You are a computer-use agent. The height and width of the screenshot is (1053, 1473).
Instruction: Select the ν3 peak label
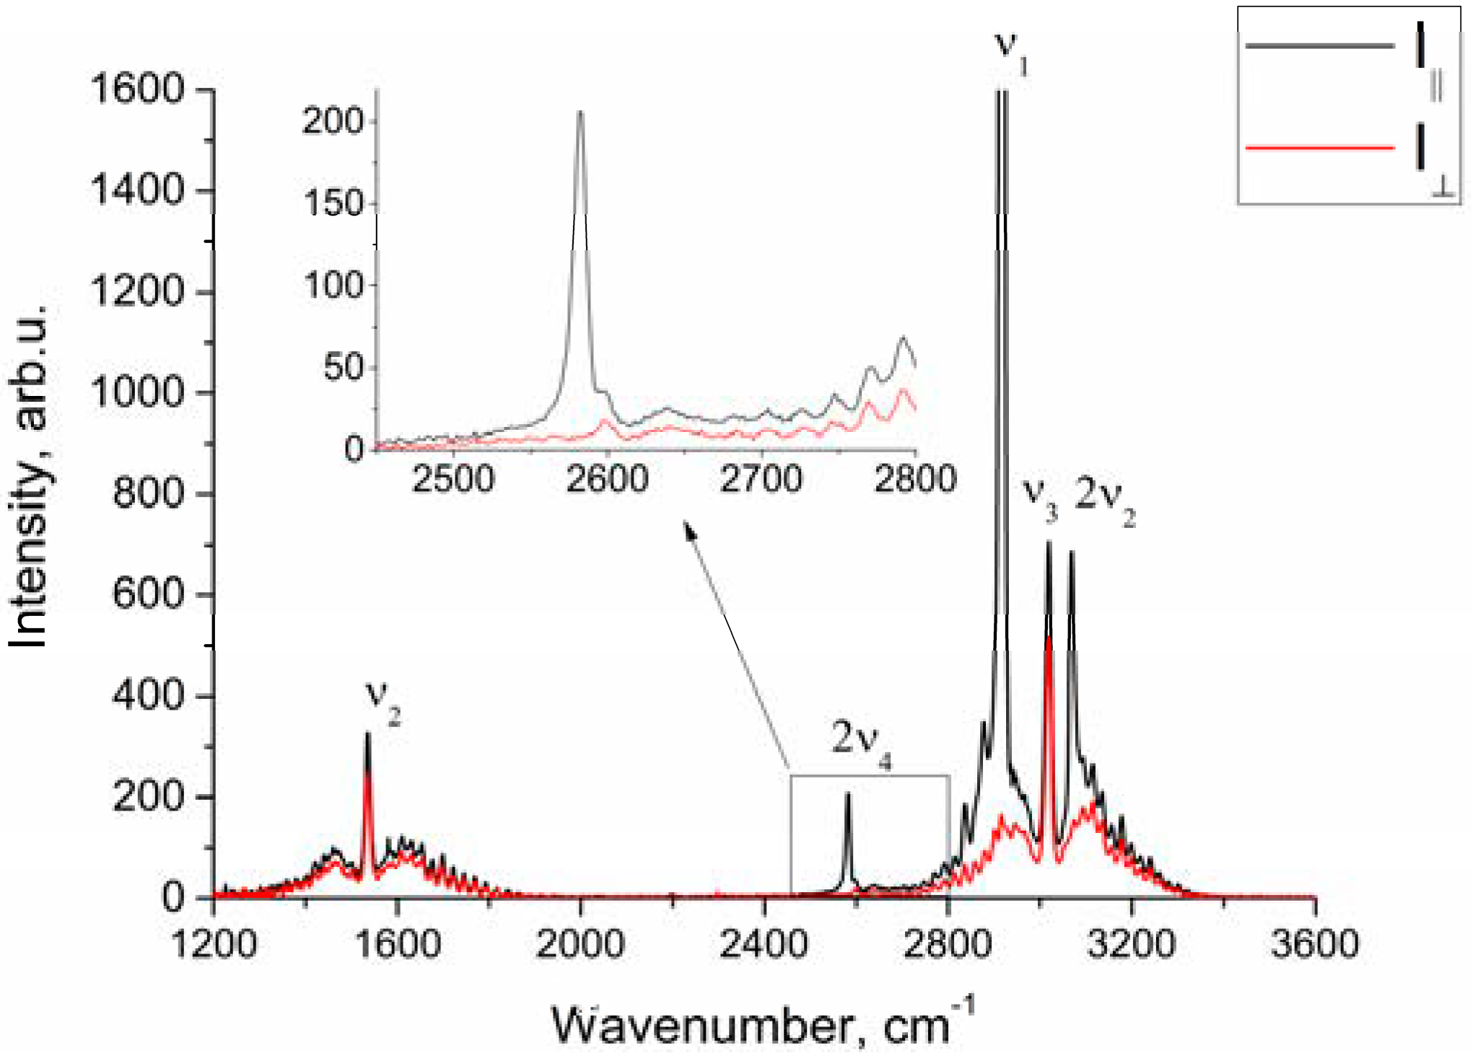tap(1040, 497)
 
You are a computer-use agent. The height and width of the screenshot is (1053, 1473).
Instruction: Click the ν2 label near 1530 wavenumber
tap(383, 697)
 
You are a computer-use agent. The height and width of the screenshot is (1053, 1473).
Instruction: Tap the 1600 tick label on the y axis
tap(138, 89)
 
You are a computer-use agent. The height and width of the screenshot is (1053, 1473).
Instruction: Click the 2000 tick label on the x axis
tap(580, 943)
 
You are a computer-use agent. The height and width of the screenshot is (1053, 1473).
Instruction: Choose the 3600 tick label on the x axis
tap(1315, 943)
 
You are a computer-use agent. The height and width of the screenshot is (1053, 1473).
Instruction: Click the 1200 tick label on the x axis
tap(214, 943)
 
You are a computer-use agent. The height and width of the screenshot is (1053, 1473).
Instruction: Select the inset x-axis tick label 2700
tap(762, 479)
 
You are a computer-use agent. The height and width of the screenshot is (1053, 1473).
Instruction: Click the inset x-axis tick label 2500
tap(453, 479)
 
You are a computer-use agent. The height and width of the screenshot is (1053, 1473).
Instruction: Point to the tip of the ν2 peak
tap(367, 734)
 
